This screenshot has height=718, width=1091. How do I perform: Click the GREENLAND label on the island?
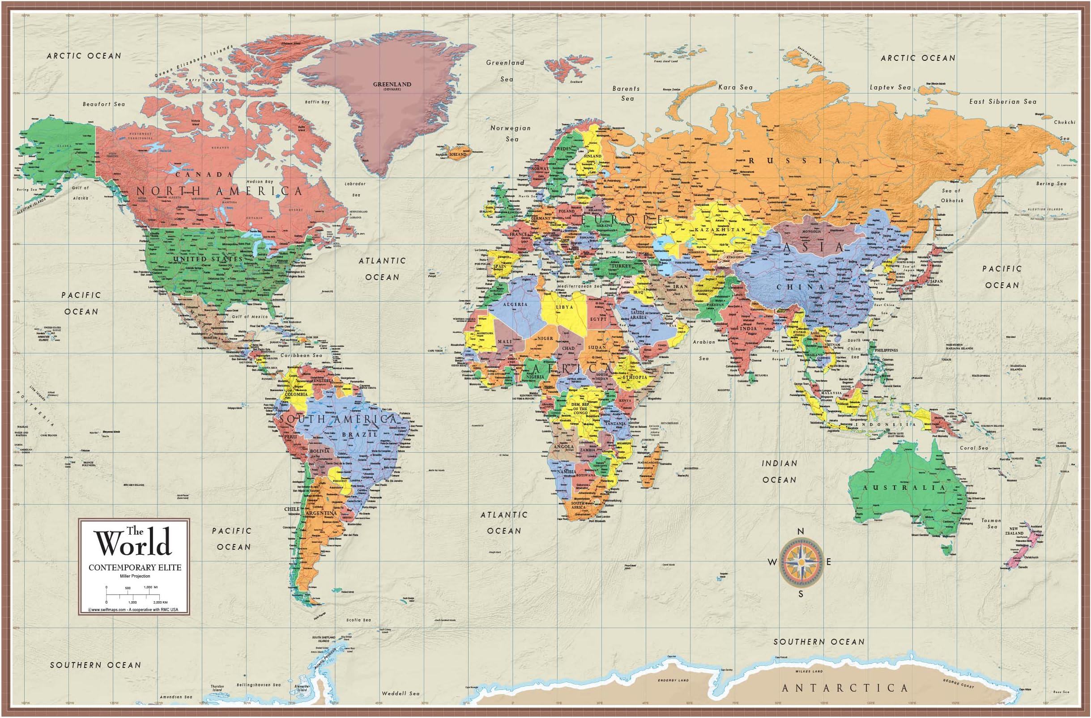[x=392, y=84]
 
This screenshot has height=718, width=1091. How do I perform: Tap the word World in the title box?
[x=133, y=543]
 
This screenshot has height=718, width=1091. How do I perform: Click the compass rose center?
[x=801, y=562]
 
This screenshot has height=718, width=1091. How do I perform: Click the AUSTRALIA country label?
[x=904, y=488]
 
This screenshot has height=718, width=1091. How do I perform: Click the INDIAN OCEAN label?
[x=779, y=472]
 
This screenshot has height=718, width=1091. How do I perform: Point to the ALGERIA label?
[x=515, y=304]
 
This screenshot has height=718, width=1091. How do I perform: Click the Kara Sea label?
[x=735, y=87]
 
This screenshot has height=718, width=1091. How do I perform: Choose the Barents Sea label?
[x=626, y=93]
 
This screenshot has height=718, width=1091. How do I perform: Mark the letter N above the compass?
[x=801, y=531]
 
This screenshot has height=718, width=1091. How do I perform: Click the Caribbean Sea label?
[x=301, y=355]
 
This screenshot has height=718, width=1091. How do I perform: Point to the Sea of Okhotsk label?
[x=952, y=195]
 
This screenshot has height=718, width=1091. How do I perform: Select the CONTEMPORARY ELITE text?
[x=135, y=568]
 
